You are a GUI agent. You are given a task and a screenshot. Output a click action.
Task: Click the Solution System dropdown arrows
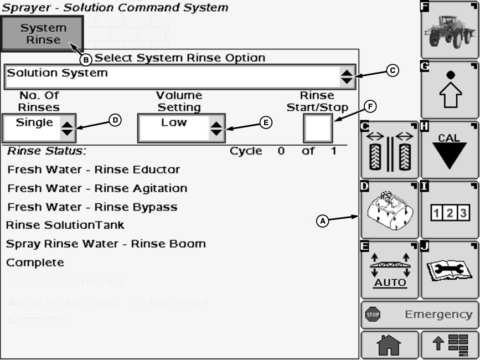tap(347, 76)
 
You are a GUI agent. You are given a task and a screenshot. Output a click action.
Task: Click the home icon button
tap(389, 345)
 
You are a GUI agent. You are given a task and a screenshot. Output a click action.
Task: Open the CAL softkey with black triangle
tap(450, 150)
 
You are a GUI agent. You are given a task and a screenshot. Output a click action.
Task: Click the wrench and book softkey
tap(450, 270)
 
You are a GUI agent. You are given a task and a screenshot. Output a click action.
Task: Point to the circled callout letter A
tap(322, 221)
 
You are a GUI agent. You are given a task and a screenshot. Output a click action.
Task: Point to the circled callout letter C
tap(392, 70)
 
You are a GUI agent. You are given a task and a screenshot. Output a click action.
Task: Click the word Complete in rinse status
tap(35, 263)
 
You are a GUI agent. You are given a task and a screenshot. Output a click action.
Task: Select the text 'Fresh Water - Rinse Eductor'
tap(94, 169)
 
